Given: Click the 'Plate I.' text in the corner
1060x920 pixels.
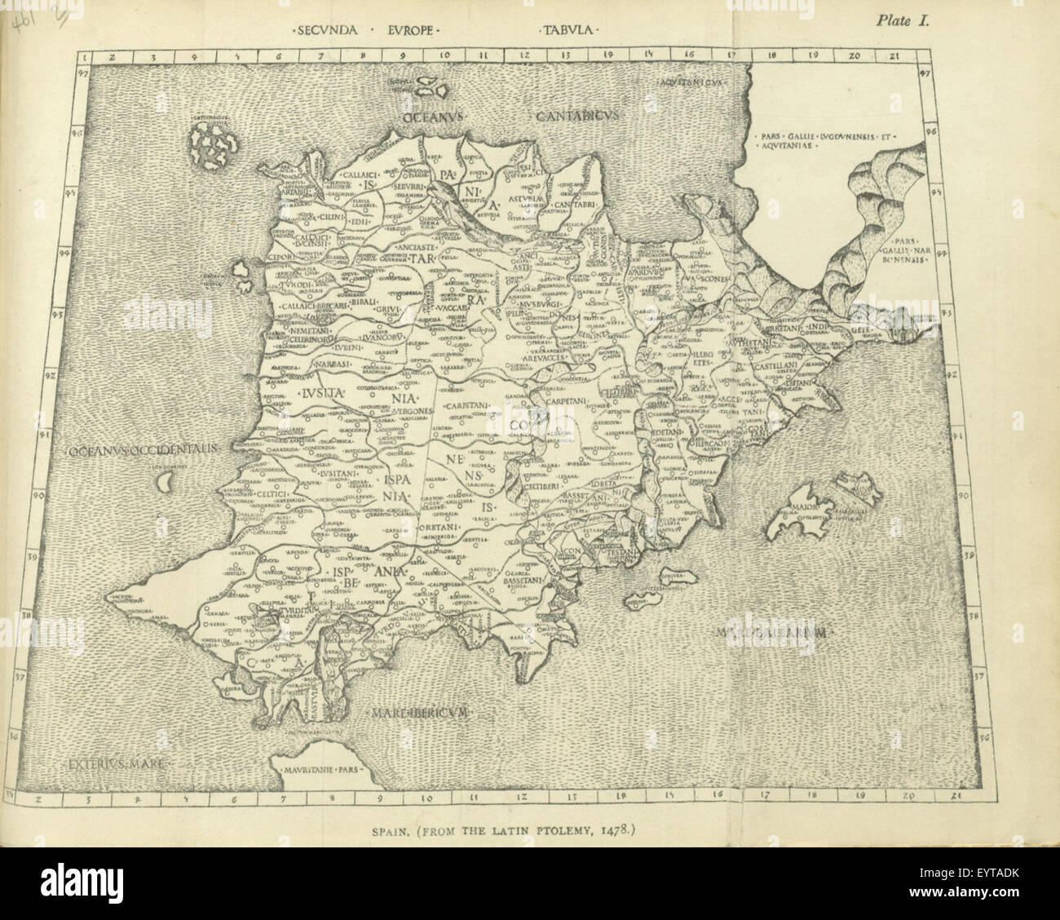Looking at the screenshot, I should click(x=903, y=22).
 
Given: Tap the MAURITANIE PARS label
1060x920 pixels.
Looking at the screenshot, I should click(x=320, y=769).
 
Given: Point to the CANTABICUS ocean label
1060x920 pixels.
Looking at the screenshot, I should click(x=579, y=117).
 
